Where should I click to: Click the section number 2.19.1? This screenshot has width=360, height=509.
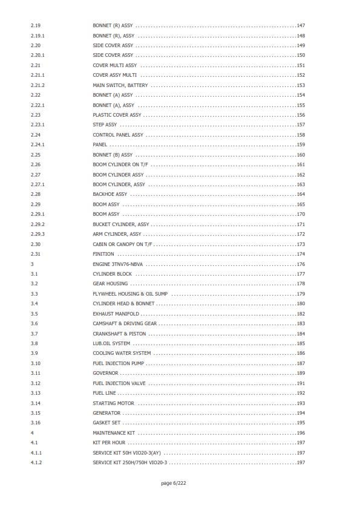(x=38, y=36)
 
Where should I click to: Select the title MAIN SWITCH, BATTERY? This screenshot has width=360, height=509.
(x=120, y=85)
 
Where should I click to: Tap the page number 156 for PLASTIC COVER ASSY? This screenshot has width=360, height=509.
(x=300, y=115)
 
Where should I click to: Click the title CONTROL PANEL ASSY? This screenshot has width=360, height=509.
(x=118, y=135)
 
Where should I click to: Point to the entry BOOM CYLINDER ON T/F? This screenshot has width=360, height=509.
(x=120, y=164)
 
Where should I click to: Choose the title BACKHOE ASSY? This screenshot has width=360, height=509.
(x=110, y=194)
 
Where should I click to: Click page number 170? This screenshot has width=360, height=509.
(x=300, y=214)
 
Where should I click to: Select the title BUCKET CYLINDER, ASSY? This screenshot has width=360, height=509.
(x=120, y=224)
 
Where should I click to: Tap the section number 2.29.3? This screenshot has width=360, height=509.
(x=38, y=234)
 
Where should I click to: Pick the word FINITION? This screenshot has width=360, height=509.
(x=103, y=254)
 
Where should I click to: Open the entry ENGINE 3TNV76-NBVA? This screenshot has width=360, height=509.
(x=117, y=264)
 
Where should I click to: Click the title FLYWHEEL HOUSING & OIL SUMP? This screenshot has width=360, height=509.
(x=130, y=294)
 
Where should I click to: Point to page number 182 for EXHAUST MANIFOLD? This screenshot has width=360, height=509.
(x=300, y=314)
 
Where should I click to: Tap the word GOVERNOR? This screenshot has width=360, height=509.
(x=105, y=373)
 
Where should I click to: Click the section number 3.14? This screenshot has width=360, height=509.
(x=36, y=403)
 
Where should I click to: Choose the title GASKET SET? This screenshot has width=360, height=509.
(x=106, y=423)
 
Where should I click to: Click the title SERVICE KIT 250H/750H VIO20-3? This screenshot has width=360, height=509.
(x=129, y=462)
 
